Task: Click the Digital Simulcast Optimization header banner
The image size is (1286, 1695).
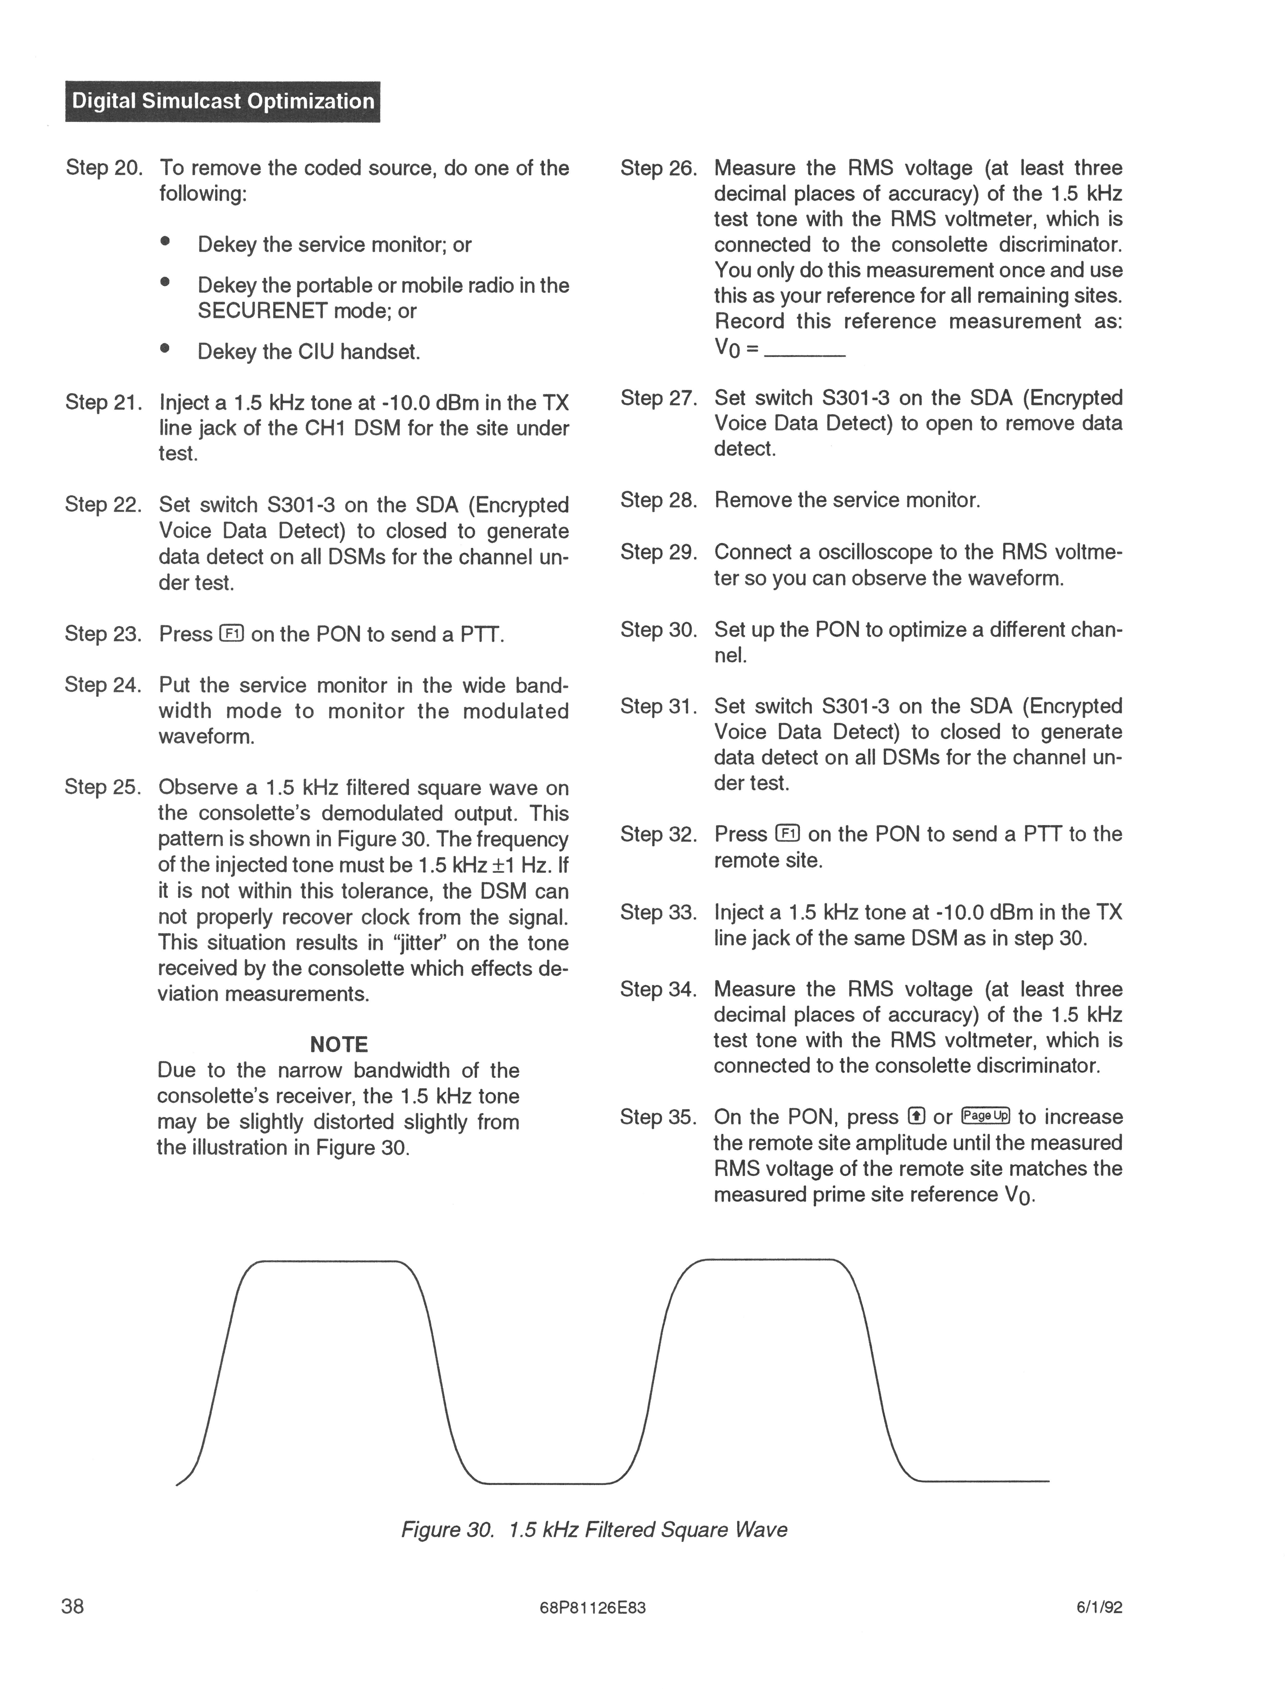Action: (x=222, y=101)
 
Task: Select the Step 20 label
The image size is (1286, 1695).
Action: (x=104, y=168)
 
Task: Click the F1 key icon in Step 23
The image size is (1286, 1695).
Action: (x=231, y=634)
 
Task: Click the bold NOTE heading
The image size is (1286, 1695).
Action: (x=339, y=1044)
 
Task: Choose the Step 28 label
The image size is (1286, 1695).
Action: (x=658, y=500)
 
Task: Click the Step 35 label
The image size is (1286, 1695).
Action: (x=658, y=1117)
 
